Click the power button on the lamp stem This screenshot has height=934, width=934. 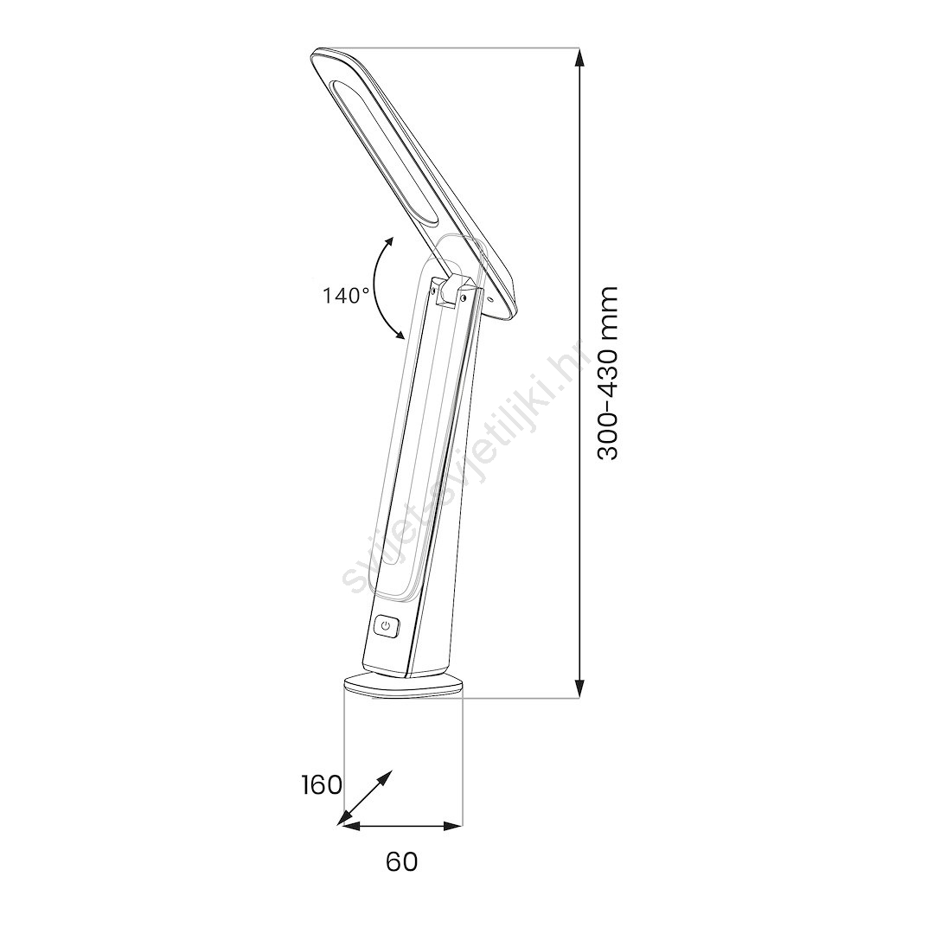pos(387,626)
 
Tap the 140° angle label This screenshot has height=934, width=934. pos(346,295)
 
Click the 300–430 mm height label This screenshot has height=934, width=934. pos(607,374)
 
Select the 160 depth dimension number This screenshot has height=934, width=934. pos(322,785)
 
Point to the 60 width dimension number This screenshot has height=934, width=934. pos(401,861)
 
